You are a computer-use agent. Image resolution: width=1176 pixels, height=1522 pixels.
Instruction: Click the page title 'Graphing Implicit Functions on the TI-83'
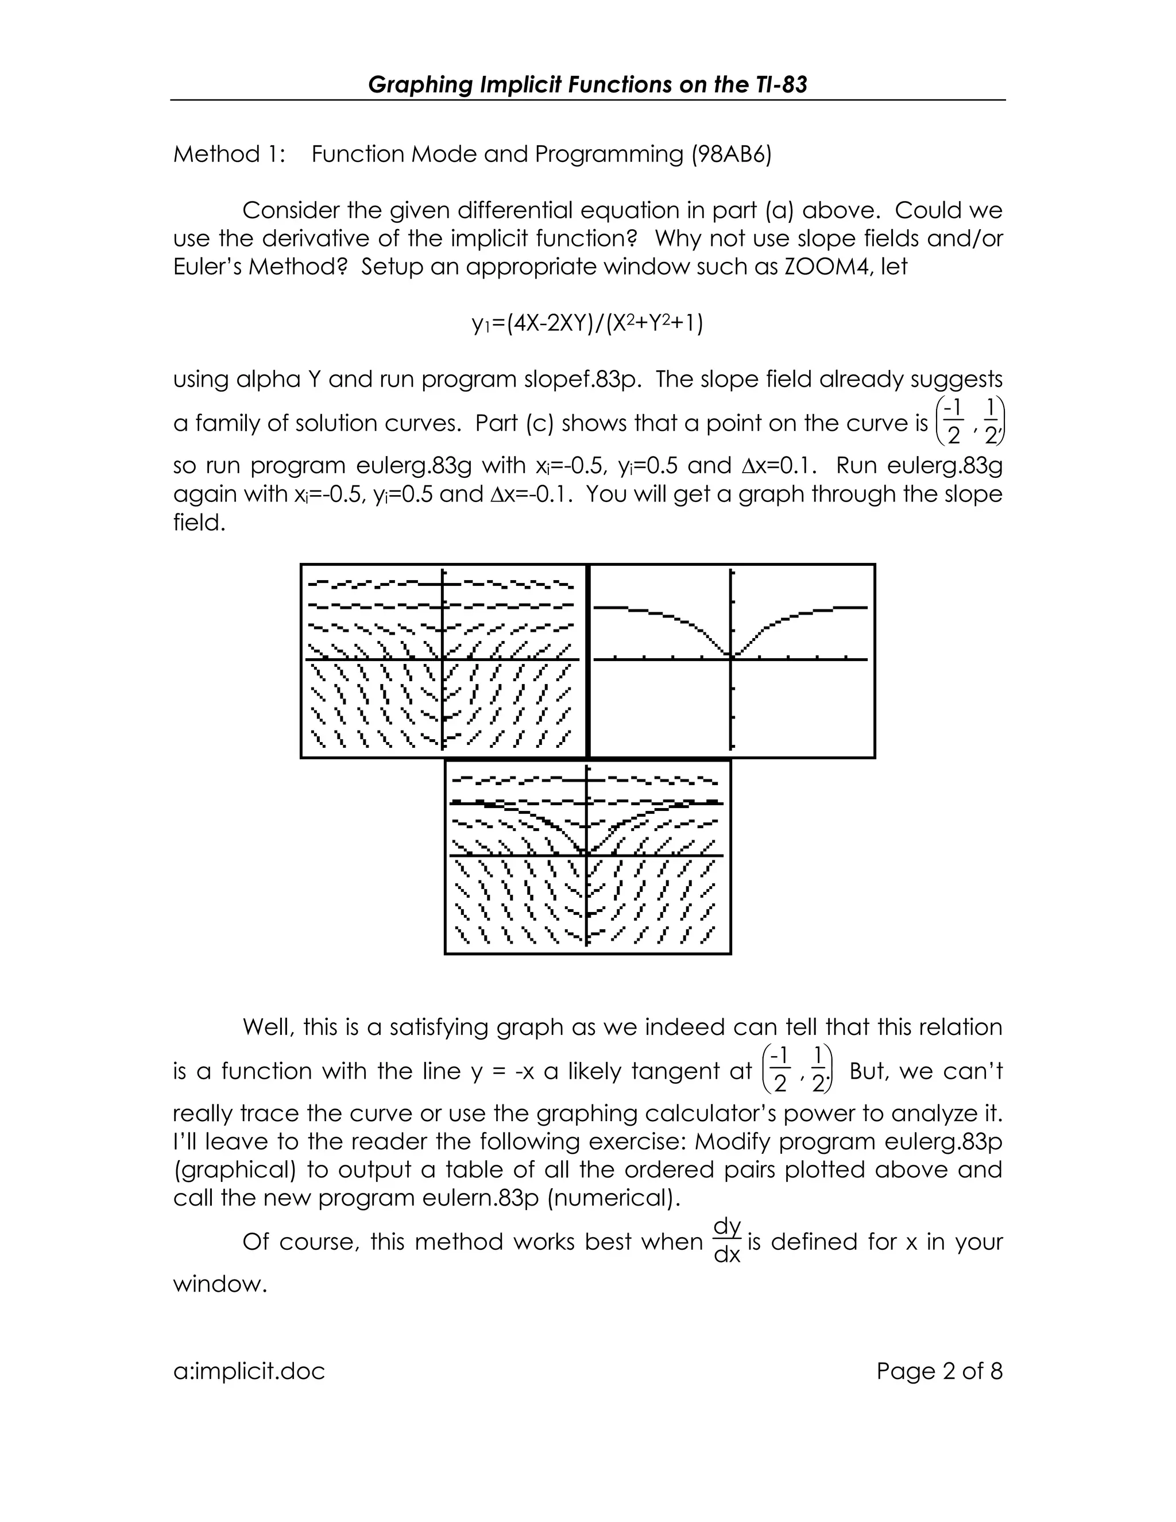pos(587,84)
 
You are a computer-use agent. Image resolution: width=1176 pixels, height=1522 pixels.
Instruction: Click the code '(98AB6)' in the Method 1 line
pos(731,154)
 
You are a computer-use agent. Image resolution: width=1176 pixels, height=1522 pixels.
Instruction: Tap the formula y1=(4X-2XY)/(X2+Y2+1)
pos(587,323)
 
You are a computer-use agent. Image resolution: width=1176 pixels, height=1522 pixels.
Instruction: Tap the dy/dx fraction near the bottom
pos(728,1241)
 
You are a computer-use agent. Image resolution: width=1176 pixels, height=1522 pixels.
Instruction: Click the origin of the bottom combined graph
pos(587,855)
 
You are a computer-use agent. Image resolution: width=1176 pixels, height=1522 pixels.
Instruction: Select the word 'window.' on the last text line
pos(220,1284)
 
